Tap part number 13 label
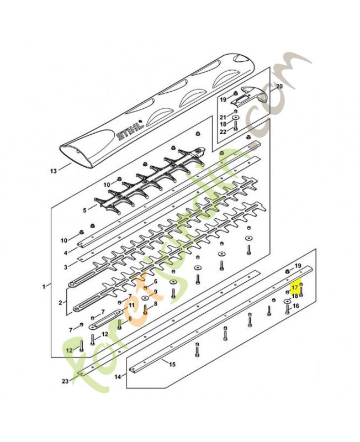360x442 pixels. point(53,171)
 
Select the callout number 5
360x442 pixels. point(85,211)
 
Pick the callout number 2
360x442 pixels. point(60,303)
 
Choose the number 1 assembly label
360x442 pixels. point(43,286)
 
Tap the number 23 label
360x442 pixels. point(65,381)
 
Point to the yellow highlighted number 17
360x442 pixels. point(295,288)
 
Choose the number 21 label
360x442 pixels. point(223,117)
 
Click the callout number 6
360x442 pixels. point(156,282)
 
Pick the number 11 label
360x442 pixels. point(131,305)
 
